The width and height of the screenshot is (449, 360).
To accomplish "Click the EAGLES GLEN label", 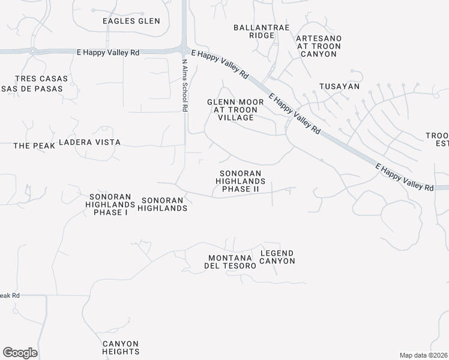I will (131, 21).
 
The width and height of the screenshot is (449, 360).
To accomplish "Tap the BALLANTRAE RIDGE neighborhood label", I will (261, 31).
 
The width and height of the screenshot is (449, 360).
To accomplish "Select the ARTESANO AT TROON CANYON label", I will (319, 46).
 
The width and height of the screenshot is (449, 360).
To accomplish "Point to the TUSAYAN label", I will (339, 86).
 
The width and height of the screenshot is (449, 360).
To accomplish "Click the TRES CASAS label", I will (42, 79).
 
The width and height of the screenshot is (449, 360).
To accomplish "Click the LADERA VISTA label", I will (89, 142).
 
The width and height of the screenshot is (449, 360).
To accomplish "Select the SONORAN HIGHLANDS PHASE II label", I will (240, 181).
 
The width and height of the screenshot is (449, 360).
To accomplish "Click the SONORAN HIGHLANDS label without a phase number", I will (163, 204).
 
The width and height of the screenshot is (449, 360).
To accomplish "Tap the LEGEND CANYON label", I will (277, 257).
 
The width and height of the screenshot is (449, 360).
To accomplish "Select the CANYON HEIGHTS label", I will (121, 347).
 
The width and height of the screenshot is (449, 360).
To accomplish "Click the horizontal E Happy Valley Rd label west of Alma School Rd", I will (108, 53).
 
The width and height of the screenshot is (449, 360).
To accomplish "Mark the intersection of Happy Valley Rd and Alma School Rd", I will (184, 50).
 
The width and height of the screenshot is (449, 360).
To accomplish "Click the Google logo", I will (20, 352).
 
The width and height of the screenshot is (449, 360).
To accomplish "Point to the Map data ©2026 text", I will (423, 355).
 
